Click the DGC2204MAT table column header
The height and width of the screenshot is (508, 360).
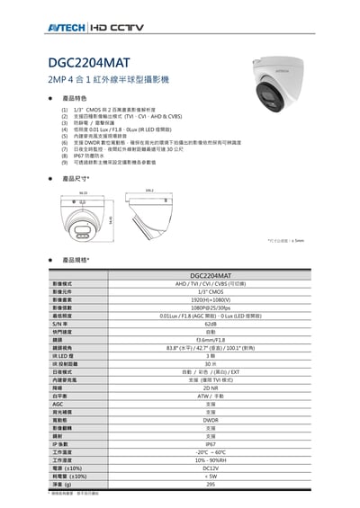[x=210, y=275]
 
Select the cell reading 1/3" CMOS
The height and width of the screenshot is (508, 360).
[x=210, y=291]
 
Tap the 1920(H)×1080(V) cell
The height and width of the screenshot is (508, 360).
[x=210, y=299]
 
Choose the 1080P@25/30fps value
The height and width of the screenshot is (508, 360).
[x=210, y=307]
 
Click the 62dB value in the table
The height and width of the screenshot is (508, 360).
[x=210, y=324]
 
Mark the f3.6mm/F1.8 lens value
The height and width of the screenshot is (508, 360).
[x=210, y=340]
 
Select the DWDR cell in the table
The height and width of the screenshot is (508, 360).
[x=210, y=420]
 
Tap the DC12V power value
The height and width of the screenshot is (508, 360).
[x=210, y=468]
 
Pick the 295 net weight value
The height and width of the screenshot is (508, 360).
[x=210, y=484]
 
